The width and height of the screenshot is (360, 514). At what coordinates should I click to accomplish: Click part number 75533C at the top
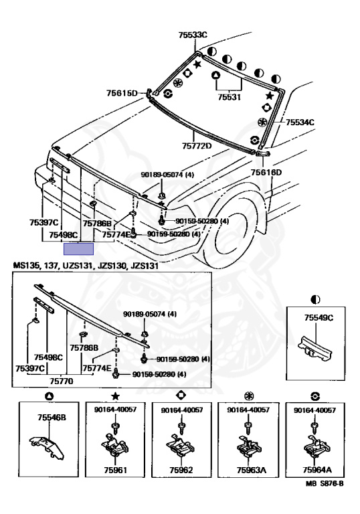[x=193, y=35]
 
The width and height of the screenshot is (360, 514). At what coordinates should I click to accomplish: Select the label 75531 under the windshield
[x=229, y=97]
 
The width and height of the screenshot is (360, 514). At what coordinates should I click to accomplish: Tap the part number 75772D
[x=197, y=145]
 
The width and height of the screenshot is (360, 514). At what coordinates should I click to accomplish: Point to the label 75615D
[x=122, y=93]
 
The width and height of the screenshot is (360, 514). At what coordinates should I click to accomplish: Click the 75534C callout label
[x=300, y=122]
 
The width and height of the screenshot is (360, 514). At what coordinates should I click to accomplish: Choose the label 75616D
[x=266, y=173]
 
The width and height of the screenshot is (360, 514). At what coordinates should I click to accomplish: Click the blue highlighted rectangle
[x=79, y=249]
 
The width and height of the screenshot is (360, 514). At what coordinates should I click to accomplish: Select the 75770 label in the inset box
[x=62, y=381]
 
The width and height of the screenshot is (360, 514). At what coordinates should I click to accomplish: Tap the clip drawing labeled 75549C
[x=315, y=350]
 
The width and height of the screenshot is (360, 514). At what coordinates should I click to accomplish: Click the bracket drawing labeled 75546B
[x=47, y=446]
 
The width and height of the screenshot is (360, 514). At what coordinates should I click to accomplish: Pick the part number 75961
[x=115, y=470]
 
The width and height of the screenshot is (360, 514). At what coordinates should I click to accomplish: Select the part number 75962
[x=181, y=470]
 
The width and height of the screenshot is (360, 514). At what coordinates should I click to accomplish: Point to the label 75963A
[x=251, y=470]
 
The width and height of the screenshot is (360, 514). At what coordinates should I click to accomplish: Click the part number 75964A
[x=317, y=470]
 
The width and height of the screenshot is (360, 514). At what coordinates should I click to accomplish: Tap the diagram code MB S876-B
[x=325, y=483]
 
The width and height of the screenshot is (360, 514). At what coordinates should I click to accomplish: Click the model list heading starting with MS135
[x=86, y=266]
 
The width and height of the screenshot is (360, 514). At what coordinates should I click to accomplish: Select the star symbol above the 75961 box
[x=115, y=396]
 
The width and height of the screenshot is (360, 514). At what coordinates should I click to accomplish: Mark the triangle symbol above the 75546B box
[x=50, y=396]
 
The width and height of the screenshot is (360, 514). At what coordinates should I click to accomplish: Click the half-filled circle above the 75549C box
[x=315, y=299]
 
